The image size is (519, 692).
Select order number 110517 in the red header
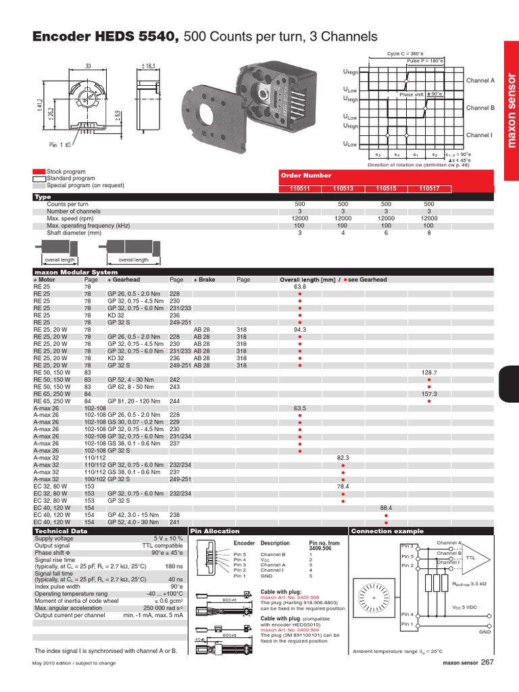429,190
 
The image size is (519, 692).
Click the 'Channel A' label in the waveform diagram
480,80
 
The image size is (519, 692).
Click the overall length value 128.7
429,372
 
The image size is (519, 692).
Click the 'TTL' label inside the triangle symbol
471,558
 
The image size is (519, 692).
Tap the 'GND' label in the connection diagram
485,631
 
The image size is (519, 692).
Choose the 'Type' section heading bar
43,197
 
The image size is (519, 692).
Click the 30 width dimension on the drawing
88,66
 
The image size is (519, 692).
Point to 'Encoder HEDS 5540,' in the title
105,36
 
